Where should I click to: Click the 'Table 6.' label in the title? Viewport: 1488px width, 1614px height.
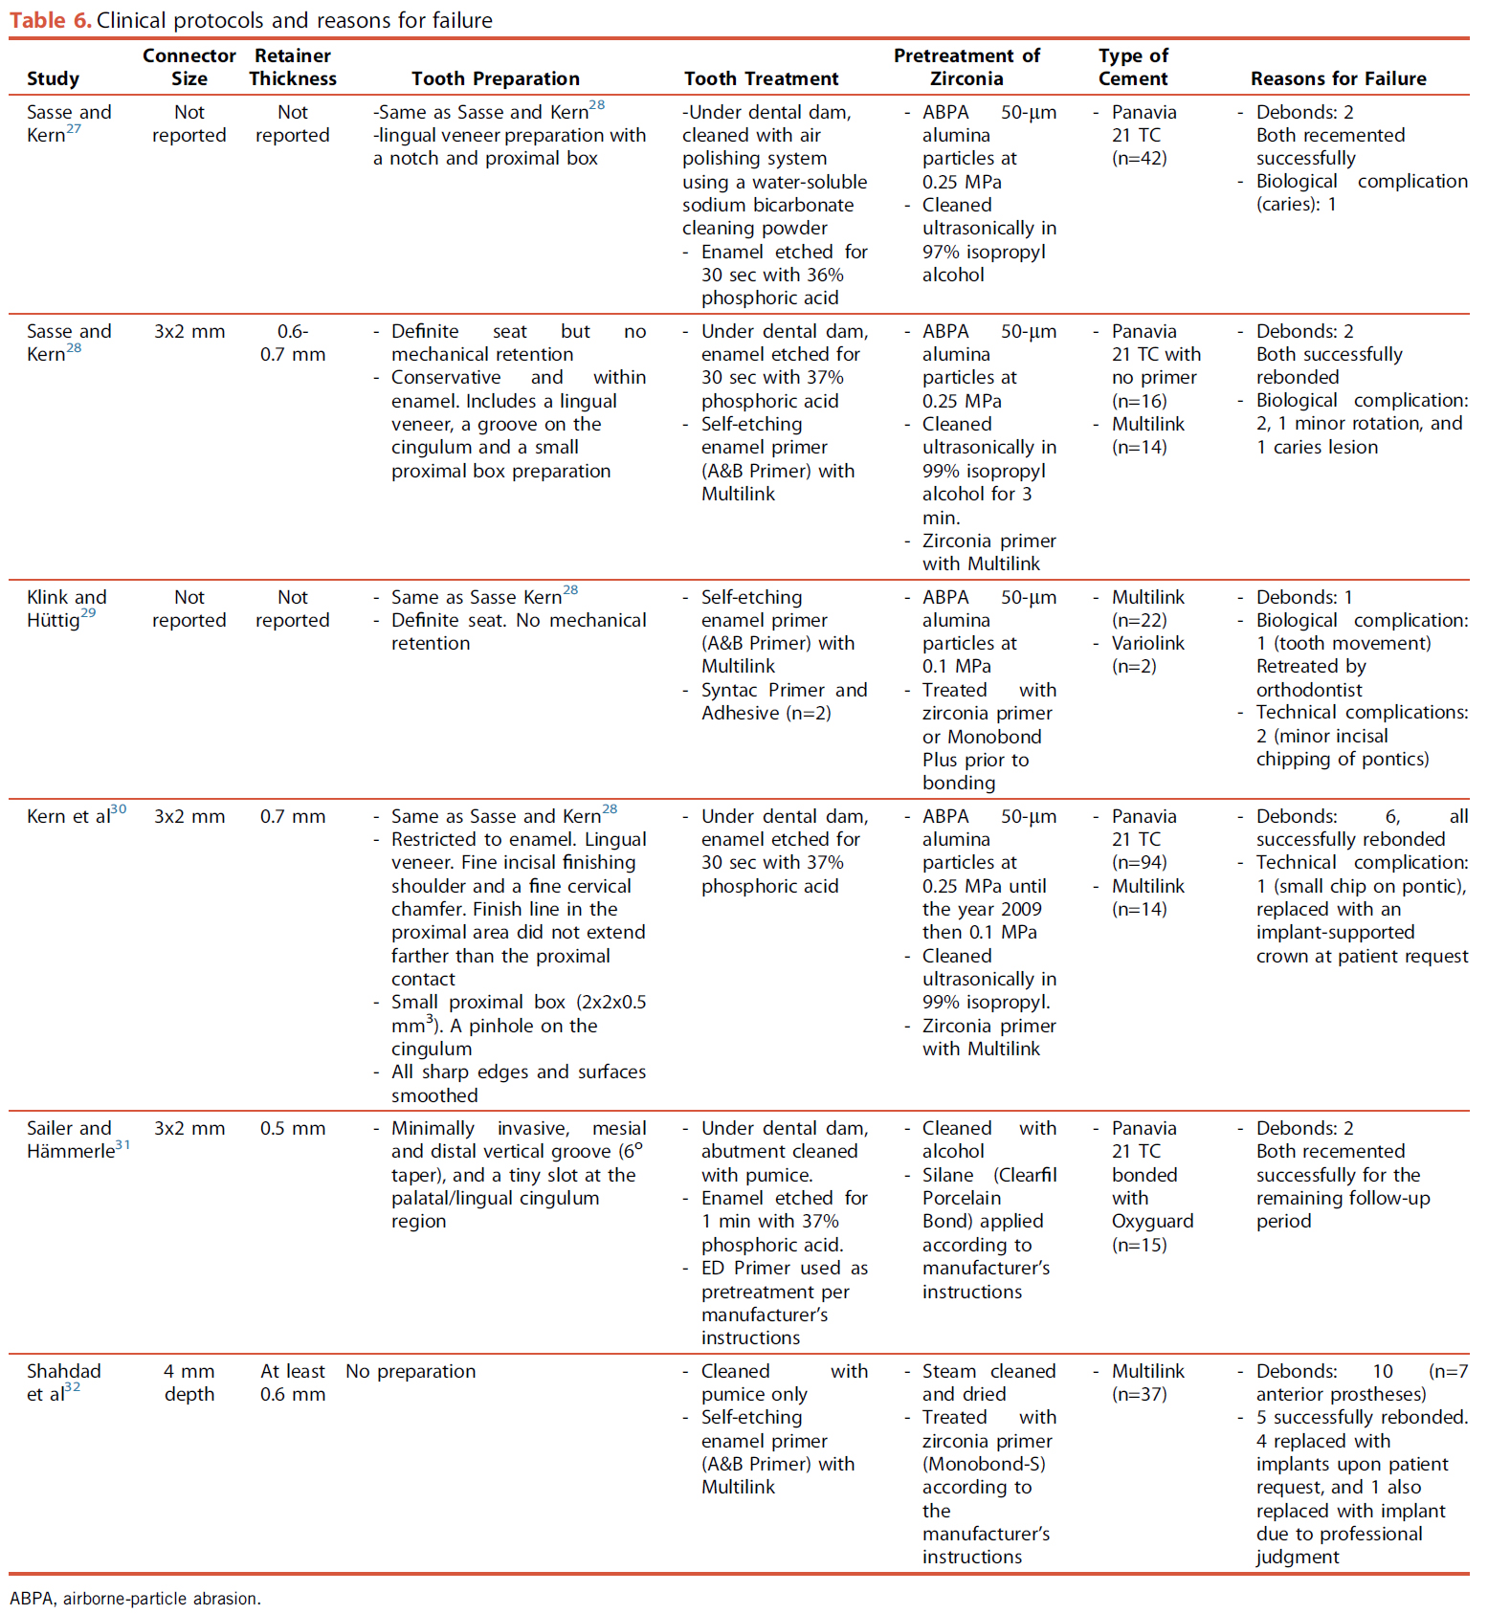51,20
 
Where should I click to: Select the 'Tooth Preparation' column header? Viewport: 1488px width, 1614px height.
495,78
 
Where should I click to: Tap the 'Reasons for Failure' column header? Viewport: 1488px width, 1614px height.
1338,78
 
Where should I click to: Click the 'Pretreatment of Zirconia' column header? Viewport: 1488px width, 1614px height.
966,67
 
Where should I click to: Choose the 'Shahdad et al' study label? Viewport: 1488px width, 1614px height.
63,1382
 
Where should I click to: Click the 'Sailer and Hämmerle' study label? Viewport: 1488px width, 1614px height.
75,1139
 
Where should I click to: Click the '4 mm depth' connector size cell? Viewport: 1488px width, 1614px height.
189,1382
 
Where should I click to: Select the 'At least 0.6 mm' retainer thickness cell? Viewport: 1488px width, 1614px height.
293,1382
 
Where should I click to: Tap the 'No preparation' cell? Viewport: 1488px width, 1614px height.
411,1371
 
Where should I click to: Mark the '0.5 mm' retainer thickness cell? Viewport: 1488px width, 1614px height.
293,1128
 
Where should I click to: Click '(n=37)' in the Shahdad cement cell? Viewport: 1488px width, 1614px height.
1139,1394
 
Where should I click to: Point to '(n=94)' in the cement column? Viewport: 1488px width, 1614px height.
1139,862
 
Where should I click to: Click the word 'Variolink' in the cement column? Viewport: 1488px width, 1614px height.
1148,643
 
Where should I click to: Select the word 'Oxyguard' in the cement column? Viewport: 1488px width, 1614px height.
1152,1221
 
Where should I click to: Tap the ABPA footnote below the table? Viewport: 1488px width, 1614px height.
135,1598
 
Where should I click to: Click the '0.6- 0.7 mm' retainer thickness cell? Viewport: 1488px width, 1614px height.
293,343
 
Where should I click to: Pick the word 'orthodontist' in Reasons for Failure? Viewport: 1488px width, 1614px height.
1308,690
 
